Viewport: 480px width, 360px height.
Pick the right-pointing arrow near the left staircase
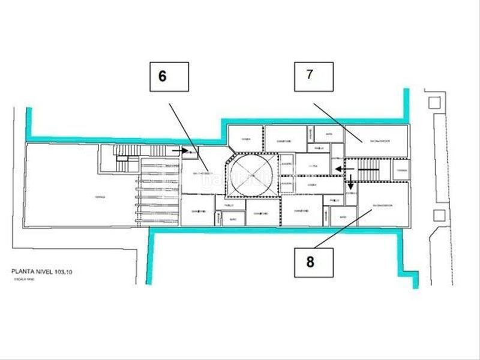pos(179,151)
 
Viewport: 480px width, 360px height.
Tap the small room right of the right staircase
pos(401,170)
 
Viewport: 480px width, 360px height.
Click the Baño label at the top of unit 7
pos(328,134)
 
